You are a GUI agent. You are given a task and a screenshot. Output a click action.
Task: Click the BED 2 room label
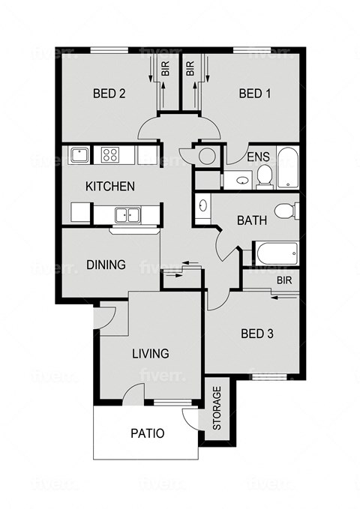pyautogui.click(x=109, y=94)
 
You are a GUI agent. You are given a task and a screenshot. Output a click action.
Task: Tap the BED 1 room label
pyautogui.click(x=254, y=94)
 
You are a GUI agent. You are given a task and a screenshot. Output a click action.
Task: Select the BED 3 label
pyautogui.click(x=256, y=334)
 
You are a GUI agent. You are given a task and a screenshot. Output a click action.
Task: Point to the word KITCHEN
pyautogui.click(x=110, y=186)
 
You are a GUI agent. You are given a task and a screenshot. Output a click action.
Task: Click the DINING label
pyautogui.click(x=106, y=265)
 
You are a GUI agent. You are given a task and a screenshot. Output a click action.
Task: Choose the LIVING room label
pyautogui.click(x=151, y=353)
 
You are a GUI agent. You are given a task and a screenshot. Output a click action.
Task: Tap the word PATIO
pyautogui.click(x=147, y=433)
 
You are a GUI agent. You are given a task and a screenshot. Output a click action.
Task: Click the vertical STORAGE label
pyautogui.click(x=217, y=408)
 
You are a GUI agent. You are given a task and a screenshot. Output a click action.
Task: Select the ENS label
pyautogui.click(x=258, y=157)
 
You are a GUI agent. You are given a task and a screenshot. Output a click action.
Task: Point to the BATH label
pyautogui.click(x=250, y=221)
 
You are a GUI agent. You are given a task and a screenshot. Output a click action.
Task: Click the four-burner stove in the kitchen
pyautogui.click(x=110, y=155)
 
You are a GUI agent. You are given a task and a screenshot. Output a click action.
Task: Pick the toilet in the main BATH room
pyautogui.click(x=285, y=210)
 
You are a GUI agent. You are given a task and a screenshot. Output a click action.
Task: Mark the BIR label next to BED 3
pyautogui.click(x=283, y=280)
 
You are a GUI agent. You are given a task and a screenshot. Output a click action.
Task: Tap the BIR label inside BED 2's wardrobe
pyautogui.click(x=166, y=70)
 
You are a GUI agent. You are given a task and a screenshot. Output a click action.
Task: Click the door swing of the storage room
pyautogui.click(x=193, y=420)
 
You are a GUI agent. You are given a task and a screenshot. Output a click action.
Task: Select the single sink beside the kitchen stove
pyautogui.click(x=79, y=155)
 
